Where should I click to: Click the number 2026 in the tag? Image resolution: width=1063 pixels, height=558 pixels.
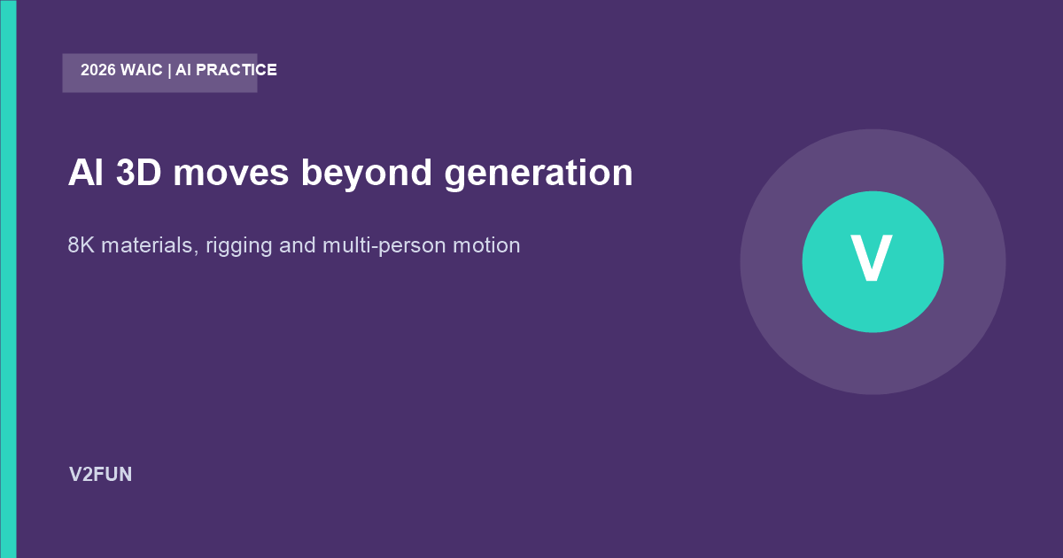(98, 70)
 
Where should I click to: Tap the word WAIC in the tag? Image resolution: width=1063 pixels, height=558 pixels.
(142, 70)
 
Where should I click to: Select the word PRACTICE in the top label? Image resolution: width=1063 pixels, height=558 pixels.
(237, 70)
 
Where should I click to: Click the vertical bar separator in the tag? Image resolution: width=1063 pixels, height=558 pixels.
(169, 71)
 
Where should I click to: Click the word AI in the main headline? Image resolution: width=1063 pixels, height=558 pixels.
(86, 173)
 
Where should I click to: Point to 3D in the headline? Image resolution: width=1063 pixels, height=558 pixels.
(139, 173)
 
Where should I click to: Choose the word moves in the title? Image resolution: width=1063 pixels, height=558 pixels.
(231, 174)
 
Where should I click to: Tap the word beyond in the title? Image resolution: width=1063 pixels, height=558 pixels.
(367, 175)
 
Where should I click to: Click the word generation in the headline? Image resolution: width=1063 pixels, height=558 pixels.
(539, 175)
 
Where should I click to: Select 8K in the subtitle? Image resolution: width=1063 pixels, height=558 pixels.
(81, 245)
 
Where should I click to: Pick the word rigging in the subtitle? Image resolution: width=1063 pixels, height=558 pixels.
(239, 247)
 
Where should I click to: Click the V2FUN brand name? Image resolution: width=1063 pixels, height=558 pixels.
(101, 475)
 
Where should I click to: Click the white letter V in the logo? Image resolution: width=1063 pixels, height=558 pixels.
(872, 259)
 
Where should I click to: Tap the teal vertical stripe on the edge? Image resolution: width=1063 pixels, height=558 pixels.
(8, 279)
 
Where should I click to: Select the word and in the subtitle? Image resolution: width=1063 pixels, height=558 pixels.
(298, 245)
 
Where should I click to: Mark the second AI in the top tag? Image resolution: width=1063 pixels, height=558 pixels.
(183, 70)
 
